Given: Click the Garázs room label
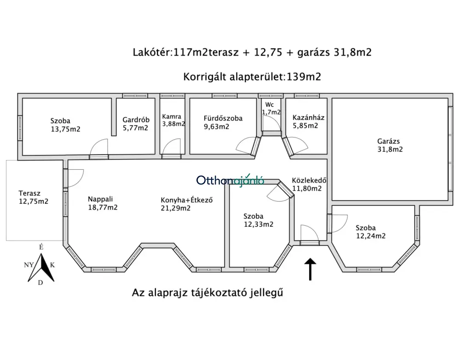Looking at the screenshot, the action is click(x=388, y=141).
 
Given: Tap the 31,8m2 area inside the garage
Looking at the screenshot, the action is click(x=390, y=149).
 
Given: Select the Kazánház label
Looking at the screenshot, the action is click(x=308, y=118).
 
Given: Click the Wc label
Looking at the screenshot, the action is click(x=269, y=105).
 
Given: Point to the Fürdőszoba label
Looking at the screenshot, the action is click(x=223, y=118).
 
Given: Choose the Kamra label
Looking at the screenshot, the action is click(x=172, y=116).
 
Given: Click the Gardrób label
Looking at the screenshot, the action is click(x=136, y=120).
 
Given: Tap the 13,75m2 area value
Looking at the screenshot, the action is click(x=65, y=129).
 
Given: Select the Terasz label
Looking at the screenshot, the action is click(x=29, y=193).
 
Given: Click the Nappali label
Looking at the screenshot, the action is click(x=100, y=199).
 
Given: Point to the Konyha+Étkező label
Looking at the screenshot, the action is click(x=187, y=200).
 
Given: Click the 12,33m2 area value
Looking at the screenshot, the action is click(x=259, y=224).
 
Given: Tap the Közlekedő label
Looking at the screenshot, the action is click(x=309, y=180).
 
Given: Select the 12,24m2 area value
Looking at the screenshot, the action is click(x=371, y=236).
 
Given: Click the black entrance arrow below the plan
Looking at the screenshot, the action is click(x=310, y=269).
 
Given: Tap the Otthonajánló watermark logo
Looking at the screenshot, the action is click(x=230, y=180).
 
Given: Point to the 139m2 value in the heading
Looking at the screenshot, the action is click(x=304, y=77).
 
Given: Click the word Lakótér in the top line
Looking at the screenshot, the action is click(x=151, y=52).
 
